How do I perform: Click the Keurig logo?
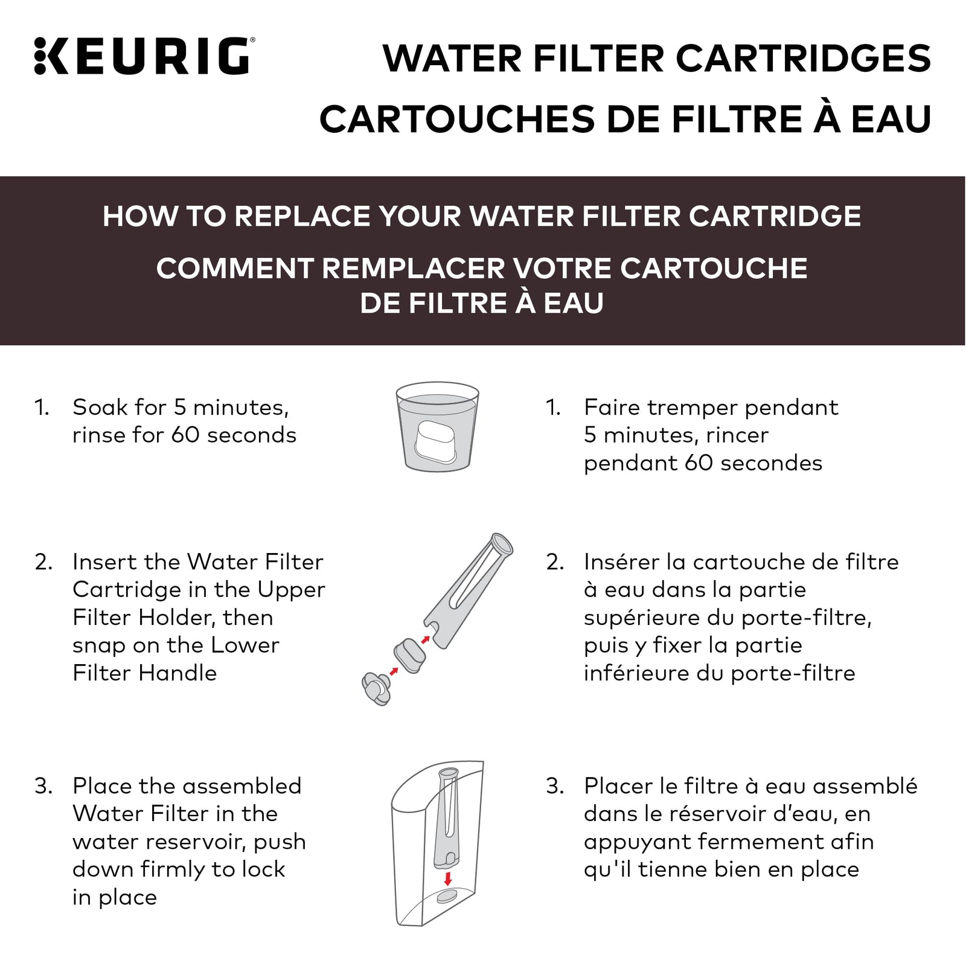click(144, 56)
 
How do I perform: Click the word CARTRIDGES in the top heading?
click(803, 59)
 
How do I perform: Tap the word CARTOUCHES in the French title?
click(456, 119)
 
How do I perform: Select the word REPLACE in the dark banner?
click(302, 216)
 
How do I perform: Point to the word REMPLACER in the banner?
click(413, 268)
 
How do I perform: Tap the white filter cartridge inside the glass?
click(436, 441)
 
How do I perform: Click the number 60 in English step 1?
click(185, 435)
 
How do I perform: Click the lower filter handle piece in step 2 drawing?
click(376, 689)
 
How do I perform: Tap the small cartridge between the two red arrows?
click(410, 655)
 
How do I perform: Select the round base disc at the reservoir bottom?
click(448, 897)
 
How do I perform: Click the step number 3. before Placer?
click(555, 786)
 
